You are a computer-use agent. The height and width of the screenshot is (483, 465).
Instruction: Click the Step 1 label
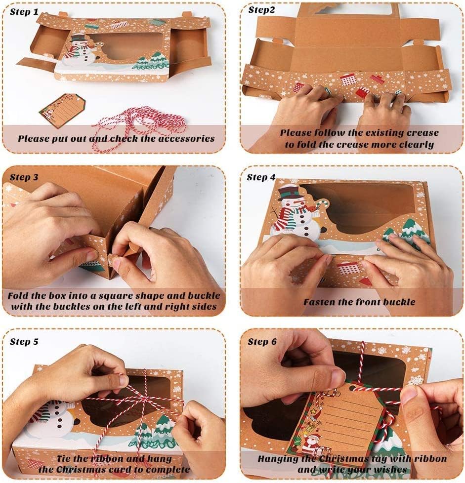pyautogui.click(x=24, y=12)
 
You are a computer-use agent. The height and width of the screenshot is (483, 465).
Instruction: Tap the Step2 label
pyautogui.click(x=261, y=10)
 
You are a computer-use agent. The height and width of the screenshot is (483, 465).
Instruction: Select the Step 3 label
pyautogui.click(x=24, y=177)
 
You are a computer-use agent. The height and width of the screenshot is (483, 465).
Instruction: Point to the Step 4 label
pyautogui.click(x=261, y=177)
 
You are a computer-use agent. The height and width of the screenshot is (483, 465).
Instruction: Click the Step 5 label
pyautogui.click(x=24, y=342)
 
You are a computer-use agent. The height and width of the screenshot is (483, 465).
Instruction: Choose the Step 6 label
pyautogui.click(x=262, y=342)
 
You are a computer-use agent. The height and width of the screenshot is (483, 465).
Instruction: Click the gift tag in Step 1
pyautogui.click(x=63, y=110)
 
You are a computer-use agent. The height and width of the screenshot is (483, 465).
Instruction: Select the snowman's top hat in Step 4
pyautogui.click(x=289, y=192)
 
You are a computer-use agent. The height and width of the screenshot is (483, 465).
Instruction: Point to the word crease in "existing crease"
pyautogui.click(x=423, y=133)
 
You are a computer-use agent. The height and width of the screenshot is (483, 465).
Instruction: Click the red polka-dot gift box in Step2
pyautogui.click(x=348, y=80)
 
